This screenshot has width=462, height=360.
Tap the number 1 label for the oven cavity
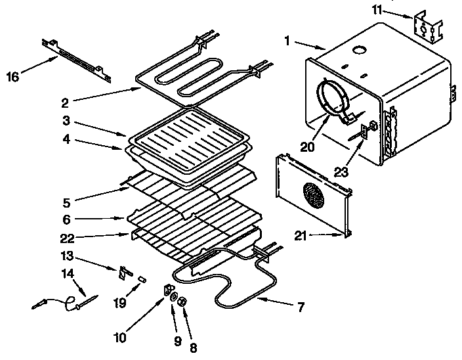[287, 40]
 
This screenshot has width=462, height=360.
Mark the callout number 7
[301, 307]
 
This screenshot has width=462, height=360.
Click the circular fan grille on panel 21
[314, 195]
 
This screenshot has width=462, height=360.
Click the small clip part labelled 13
[124, 272]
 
